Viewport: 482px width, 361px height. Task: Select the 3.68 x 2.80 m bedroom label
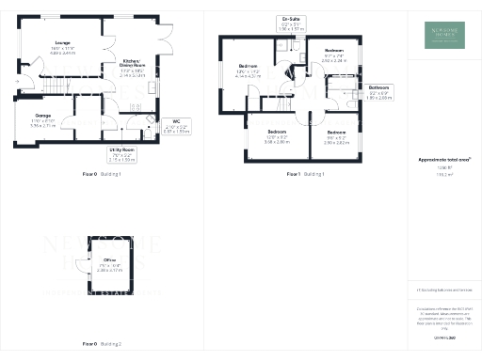[277, 136]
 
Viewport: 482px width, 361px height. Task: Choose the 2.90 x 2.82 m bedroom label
[336, 137]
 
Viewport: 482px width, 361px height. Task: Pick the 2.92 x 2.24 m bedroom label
[334, 55]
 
